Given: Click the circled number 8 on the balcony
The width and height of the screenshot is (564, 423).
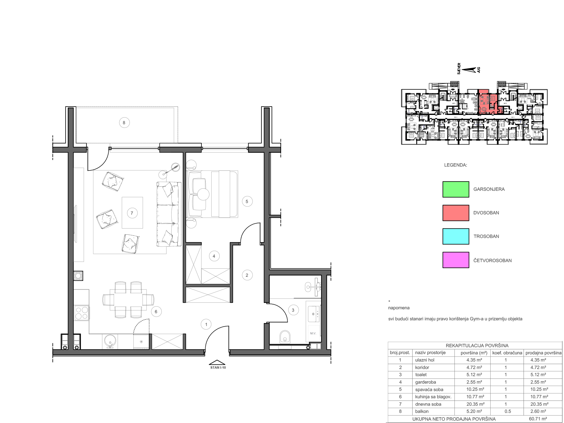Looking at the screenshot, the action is pos(124,123).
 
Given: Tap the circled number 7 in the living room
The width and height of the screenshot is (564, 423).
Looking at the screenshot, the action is pos(132,213).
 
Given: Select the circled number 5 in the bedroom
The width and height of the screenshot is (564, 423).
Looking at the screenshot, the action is pos(247,201).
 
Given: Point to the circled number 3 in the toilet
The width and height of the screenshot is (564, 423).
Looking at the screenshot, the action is pos(293,310).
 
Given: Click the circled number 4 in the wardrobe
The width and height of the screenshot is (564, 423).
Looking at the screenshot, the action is pos(214,256).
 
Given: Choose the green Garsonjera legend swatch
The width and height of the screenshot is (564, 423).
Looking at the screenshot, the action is pos(456,189).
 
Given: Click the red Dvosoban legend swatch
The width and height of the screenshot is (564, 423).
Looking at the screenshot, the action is pos(456,213).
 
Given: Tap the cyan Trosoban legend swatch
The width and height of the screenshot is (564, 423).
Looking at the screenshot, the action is pos(456,236).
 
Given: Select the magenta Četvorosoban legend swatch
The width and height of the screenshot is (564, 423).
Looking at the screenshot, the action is pos(456,260).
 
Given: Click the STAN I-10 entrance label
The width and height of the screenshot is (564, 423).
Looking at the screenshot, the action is pos(218,367).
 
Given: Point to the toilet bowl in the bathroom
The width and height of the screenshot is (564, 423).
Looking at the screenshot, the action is pos(285,337).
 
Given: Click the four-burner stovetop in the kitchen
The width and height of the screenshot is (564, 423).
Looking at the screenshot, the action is pos(81,313).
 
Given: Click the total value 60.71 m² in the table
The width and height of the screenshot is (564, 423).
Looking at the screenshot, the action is pos(538,419).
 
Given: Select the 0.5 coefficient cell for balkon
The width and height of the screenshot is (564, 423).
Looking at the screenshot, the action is pos(508,411).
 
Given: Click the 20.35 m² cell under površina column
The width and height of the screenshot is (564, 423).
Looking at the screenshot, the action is pos(475,404).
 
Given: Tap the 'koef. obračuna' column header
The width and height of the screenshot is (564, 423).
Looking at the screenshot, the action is pos(507,353).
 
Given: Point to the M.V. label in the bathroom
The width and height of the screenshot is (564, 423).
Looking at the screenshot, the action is pos(313,333).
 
